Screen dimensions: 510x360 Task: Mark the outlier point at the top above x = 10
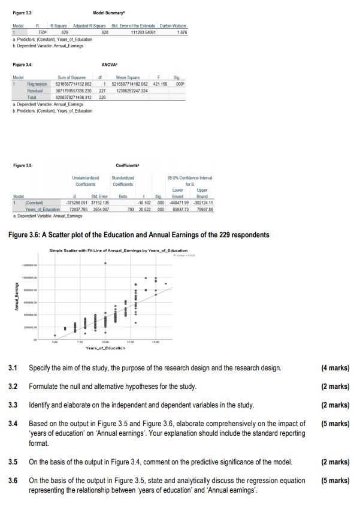click(x=106, y=279)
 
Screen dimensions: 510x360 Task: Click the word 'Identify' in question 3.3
click(x=42, y=406)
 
